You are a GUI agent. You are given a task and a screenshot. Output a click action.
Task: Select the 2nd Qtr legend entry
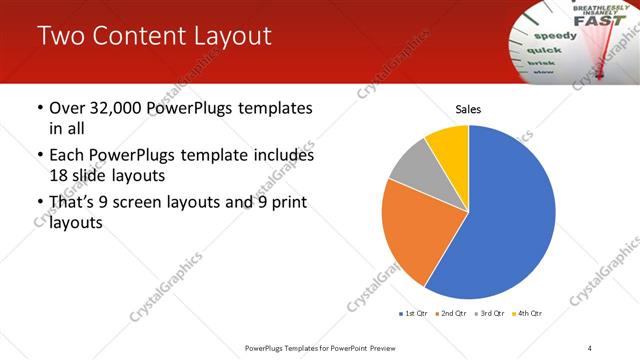[452, 314]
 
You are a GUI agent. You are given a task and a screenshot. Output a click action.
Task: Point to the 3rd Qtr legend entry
[490, 314]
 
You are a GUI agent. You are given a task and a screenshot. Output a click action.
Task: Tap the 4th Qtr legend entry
[527, 314]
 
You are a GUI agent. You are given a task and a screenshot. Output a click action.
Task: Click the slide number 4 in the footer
[590, 347]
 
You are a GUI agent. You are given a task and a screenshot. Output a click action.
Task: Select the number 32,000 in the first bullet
[117, 107]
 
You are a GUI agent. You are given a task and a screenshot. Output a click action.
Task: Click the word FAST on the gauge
[593, 19]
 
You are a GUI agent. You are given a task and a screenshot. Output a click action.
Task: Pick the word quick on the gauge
[544, 50]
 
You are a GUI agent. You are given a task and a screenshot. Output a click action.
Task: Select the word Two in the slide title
[61, 36]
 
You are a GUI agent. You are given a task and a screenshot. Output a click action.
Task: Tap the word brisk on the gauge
[540, 62]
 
